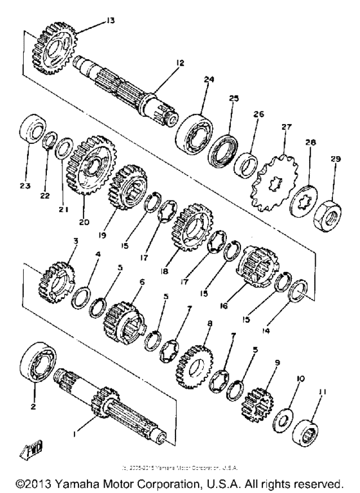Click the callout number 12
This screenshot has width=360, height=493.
(x=181, y=62)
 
